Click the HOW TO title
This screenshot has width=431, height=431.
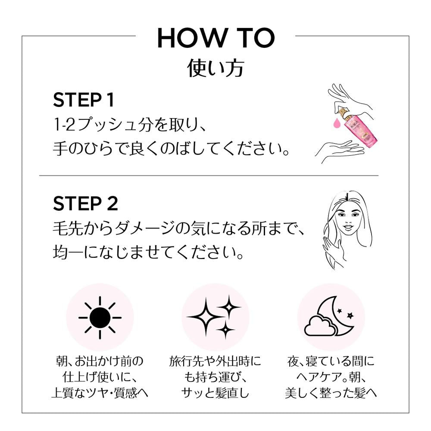(x=216, y=38)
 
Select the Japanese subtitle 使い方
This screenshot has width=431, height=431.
(x=216, y=68)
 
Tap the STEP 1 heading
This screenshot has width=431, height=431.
(x=84, y=100)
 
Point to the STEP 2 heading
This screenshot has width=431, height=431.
(x=85, y=204)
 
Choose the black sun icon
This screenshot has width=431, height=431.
(x=100, y=318)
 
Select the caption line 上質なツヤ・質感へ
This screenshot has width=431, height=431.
(x=100, y=393)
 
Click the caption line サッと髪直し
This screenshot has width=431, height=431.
(x=215, y=393)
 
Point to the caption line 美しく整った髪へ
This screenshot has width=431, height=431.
(x=331, y=393)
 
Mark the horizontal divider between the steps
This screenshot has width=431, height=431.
(x=209, y=175)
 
